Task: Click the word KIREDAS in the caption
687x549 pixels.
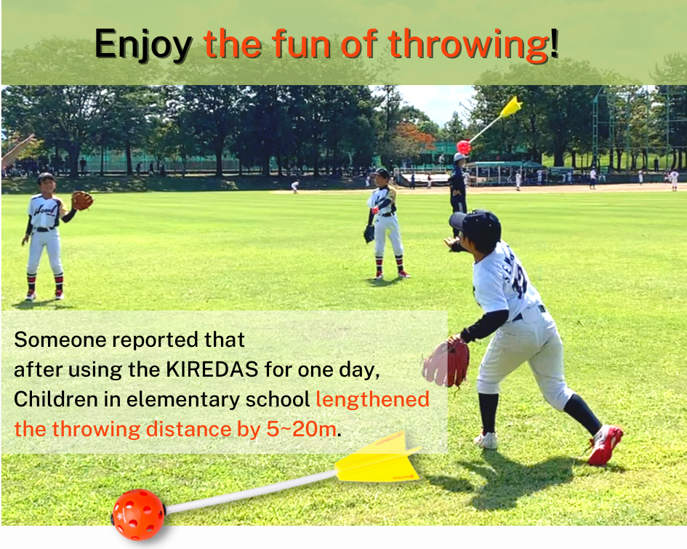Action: point(212,369)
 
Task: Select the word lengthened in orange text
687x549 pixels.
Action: point(372,400)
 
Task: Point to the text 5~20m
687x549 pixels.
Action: point(302,429)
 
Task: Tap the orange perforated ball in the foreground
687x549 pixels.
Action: point(138,514)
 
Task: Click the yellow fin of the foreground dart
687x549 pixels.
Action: point(378,459)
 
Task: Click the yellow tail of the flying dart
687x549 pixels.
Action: point(511,107)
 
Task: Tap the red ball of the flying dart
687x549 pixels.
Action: point(464,147)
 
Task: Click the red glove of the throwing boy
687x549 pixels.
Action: point(446,362)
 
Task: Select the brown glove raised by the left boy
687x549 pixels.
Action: point(82,200)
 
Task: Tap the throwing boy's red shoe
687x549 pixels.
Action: point(605,445)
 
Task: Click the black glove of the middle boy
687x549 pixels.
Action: point(369,234)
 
